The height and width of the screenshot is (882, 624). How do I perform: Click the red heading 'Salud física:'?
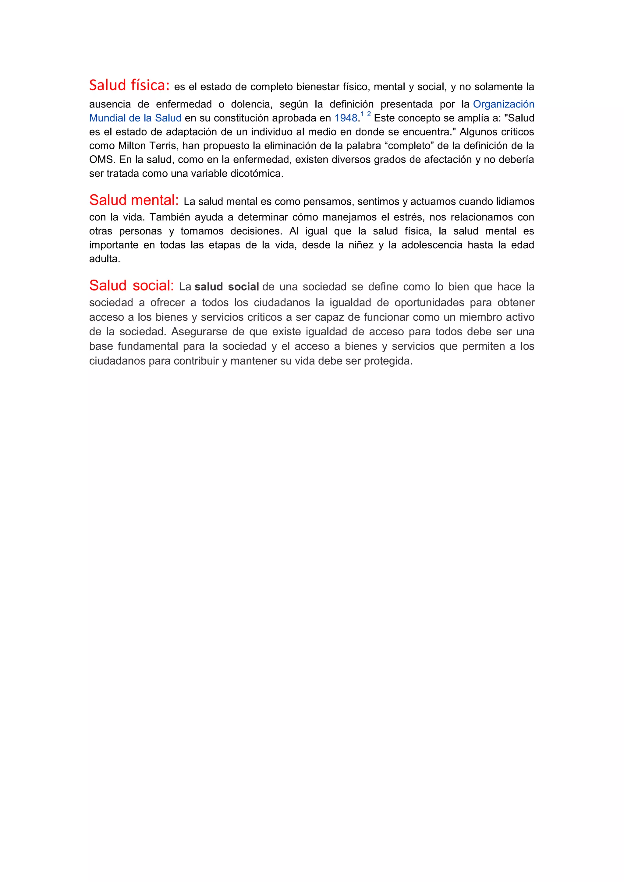click(x=129, y=85)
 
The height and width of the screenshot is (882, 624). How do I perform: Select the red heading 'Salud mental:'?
click(x=134, y=200)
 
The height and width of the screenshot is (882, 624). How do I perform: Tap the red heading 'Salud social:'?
click(x=131, y=285)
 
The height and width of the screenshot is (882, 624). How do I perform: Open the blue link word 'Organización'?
click(x=503, y=104)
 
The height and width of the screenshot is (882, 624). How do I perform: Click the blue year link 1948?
click(x=346, y=118)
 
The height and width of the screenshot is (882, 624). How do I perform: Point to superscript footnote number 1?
click(x=362, y=114)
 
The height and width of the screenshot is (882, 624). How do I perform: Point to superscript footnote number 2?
click(x=369, y=114)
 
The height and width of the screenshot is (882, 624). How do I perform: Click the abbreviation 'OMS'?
click(x=101, y=159)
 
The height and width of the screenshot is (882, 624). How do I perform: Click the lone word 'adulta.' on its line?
click(x=105, y=259)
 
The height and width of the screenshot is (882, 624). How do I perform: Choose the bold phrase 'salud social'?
click(x=227, y=287)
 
